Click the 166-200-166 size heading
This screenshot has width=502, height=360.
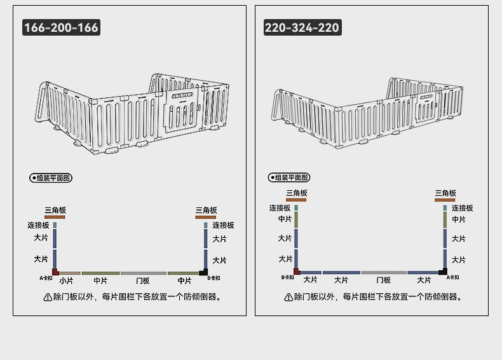[61, 27]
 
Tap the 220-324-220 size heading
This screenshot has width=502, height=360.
[302, 27]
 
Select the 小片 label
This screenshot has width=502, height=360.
[66, 281]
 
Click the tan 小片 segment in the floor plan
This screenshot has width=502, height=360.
[70, 273]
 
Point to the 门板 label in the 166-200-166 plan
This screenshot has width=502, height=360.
[143, 281]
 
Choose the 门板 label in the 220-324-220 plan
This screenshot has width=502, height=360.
[384, 280]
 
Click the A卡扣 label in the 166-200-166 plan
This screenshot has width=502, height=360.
[46, 278]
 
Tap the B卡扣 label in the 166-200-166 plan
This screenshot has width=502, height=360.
[214, 278]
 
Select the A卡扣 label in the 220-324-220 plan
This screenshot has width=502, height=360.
[452, 277]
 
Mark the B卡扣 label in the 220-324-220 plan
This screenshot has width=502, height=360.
[287, 277]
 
